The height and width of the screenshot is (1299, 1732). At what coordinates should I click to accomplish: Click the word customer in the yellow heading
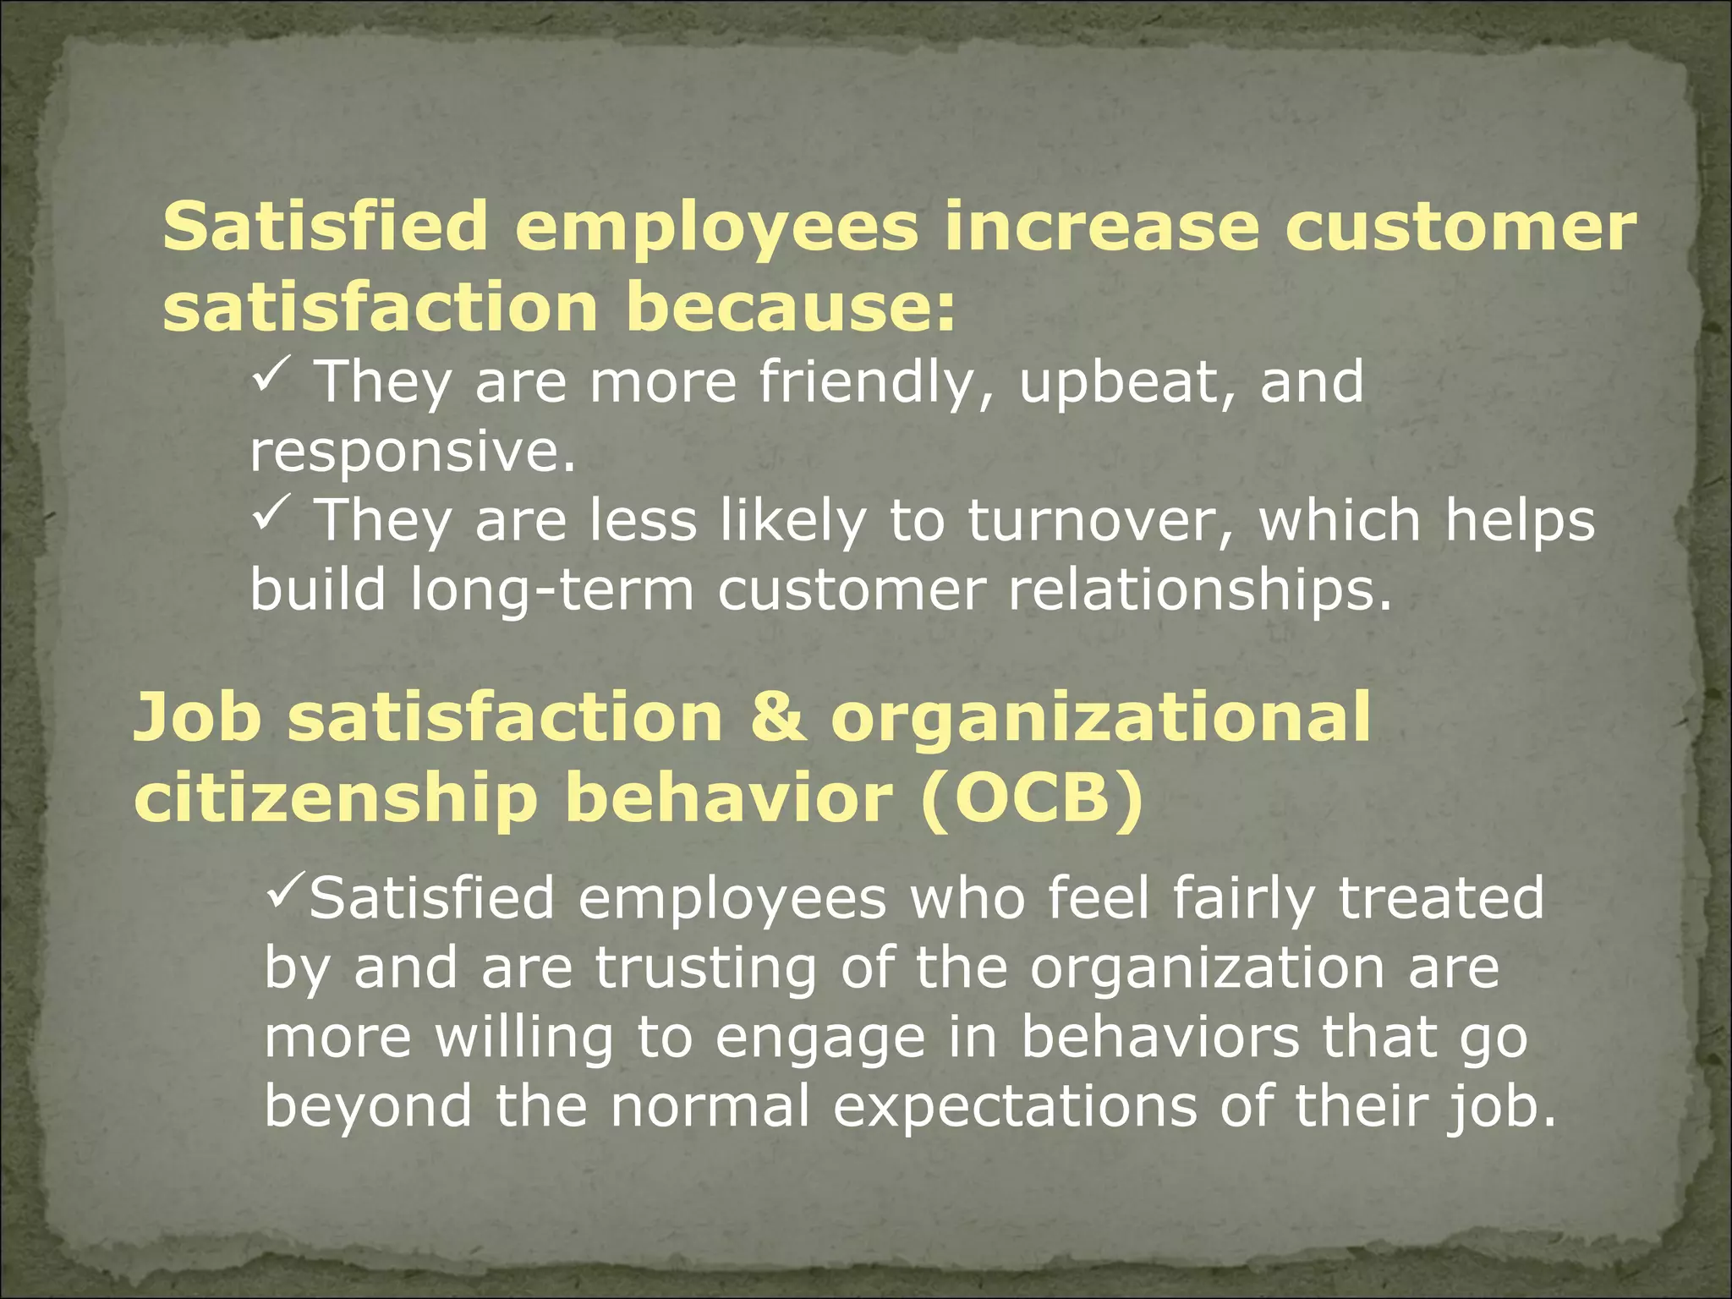(1461, 228)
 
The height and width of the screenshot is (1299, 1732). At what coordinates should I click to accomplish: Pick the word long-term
(551, 592)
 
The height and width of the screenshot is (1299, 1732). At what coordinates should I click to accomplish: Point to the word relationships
(1200, 592)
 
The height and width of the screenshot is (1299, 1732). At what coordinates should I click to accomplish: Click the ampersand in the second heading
(776, 718)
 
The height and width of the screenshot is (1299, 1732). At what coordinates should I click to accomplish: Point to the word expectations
(1015, 1106)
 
